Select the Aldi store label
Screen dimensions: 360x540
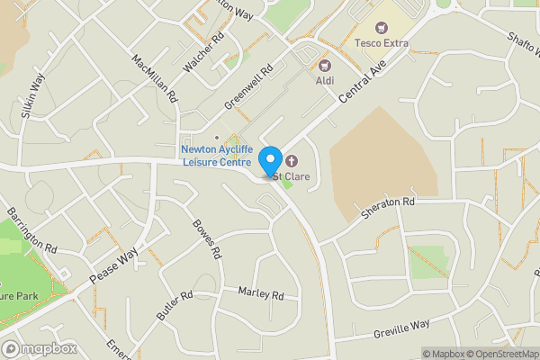point(326,81)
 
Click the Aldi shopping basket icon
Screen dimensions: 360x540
point(324,65)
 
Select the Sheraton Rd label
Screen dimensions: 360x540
point(388,208)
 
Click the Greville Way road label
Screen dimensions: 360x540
point(402,328)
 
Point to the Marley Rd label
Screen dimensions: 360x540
point(261,293)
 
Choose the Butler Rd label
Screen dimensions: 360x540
point(175,305)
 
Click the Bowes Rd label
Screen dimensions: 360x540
point(207,239)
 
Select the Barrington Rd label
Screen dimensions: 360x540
point(31,232)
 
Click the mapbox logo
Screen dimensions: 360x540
point(39,348)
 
